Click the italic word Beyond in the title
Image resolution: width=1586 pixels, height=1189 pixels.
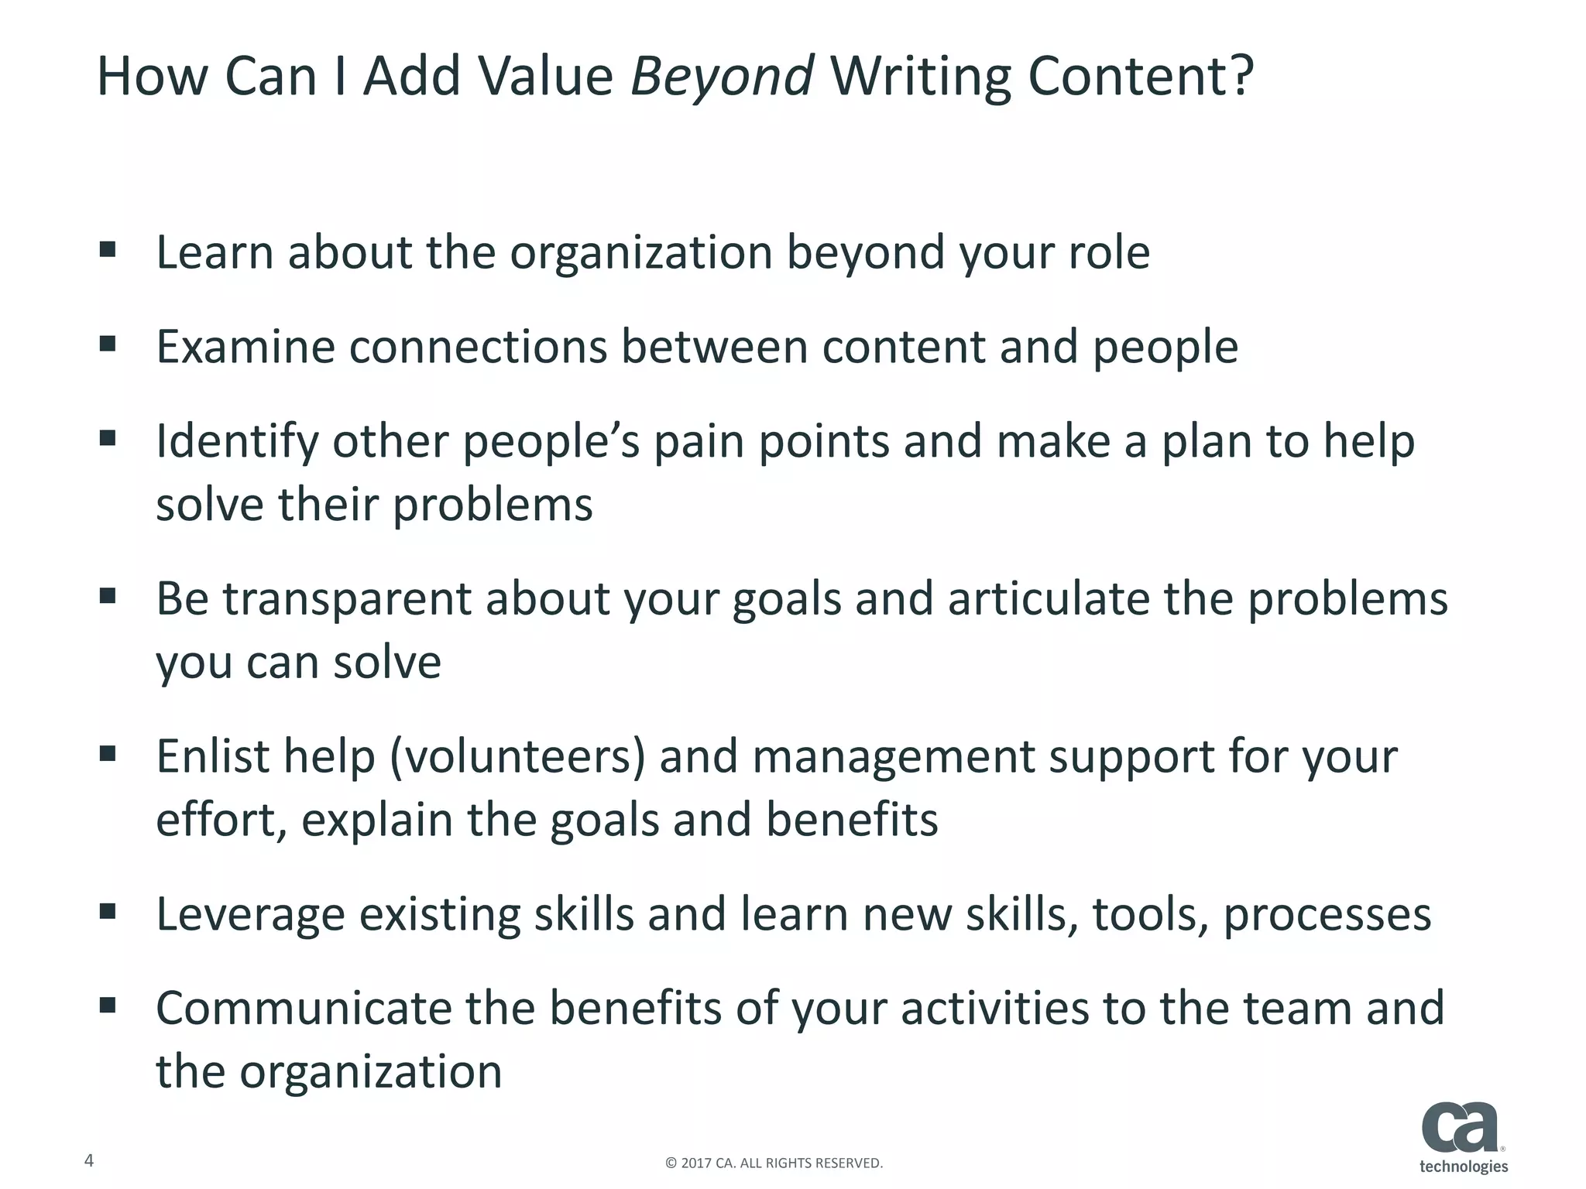pos(721,77)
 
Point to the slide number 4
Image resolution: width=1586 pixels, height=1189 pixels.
pos(89,1160)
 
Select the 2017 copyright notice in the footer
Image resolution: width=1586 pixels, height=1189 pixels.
pos(774,1163)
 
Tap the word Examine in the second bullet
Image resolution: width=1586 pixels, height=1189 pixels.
pos(245,347)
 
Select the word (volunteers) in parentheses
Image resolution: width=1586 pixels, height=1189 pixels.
pos(517,757)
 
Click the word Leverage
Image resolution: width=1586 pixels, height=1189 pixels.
pos(250,914)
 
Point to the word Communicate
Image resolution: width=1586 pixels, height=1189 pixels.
pos(303,1009)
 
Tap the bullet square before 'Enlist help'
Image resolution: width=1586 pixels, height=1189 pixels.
pos(108,753)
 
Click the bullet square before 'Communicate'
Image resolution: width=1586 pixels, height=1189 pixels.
pos(108,1006)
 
